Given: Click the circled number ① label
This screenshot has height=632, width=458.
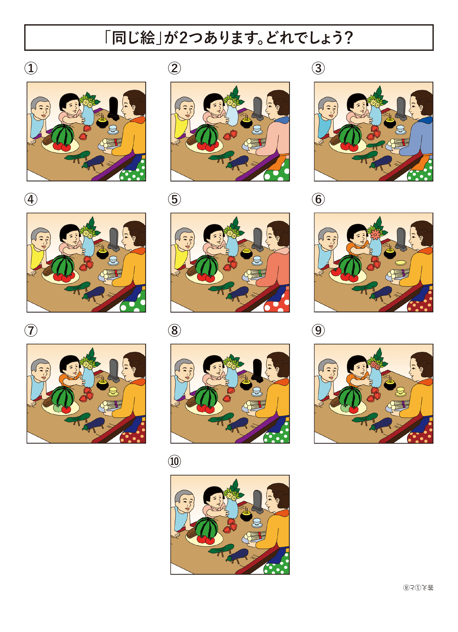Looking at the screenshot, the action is (x=31, y=68).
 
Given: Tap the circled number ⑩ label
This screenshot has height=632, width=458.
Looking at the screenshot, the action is (x=174, y=461).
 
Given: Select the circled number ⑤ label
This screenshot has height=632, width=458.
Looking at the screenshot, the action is (x=174, y=199).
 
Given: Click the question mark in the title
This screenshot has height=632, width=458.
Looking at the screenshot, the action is (x=348, y=38).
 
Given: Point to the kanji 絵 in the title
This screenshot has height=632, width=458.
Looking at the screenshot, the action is (x=147, y=38).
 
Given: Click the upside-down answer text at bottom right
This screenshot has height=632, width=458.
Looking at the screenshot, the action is (x=418, y=588).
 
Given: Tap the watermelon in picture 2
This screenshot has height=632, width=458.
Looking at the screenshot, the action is (x=206, y=134).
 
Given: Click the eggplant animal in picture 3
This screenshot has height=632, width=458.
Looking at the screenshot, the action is (x=381, y=162).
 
